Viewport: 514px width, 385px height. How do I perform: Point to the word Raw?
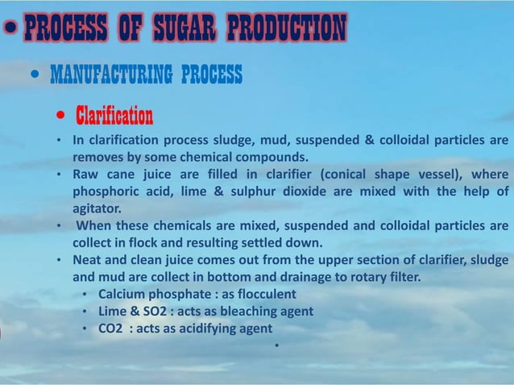(x=85, y=175)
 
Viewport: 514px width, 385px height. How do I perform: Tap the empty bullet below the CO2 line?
(x=276, y=347)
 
